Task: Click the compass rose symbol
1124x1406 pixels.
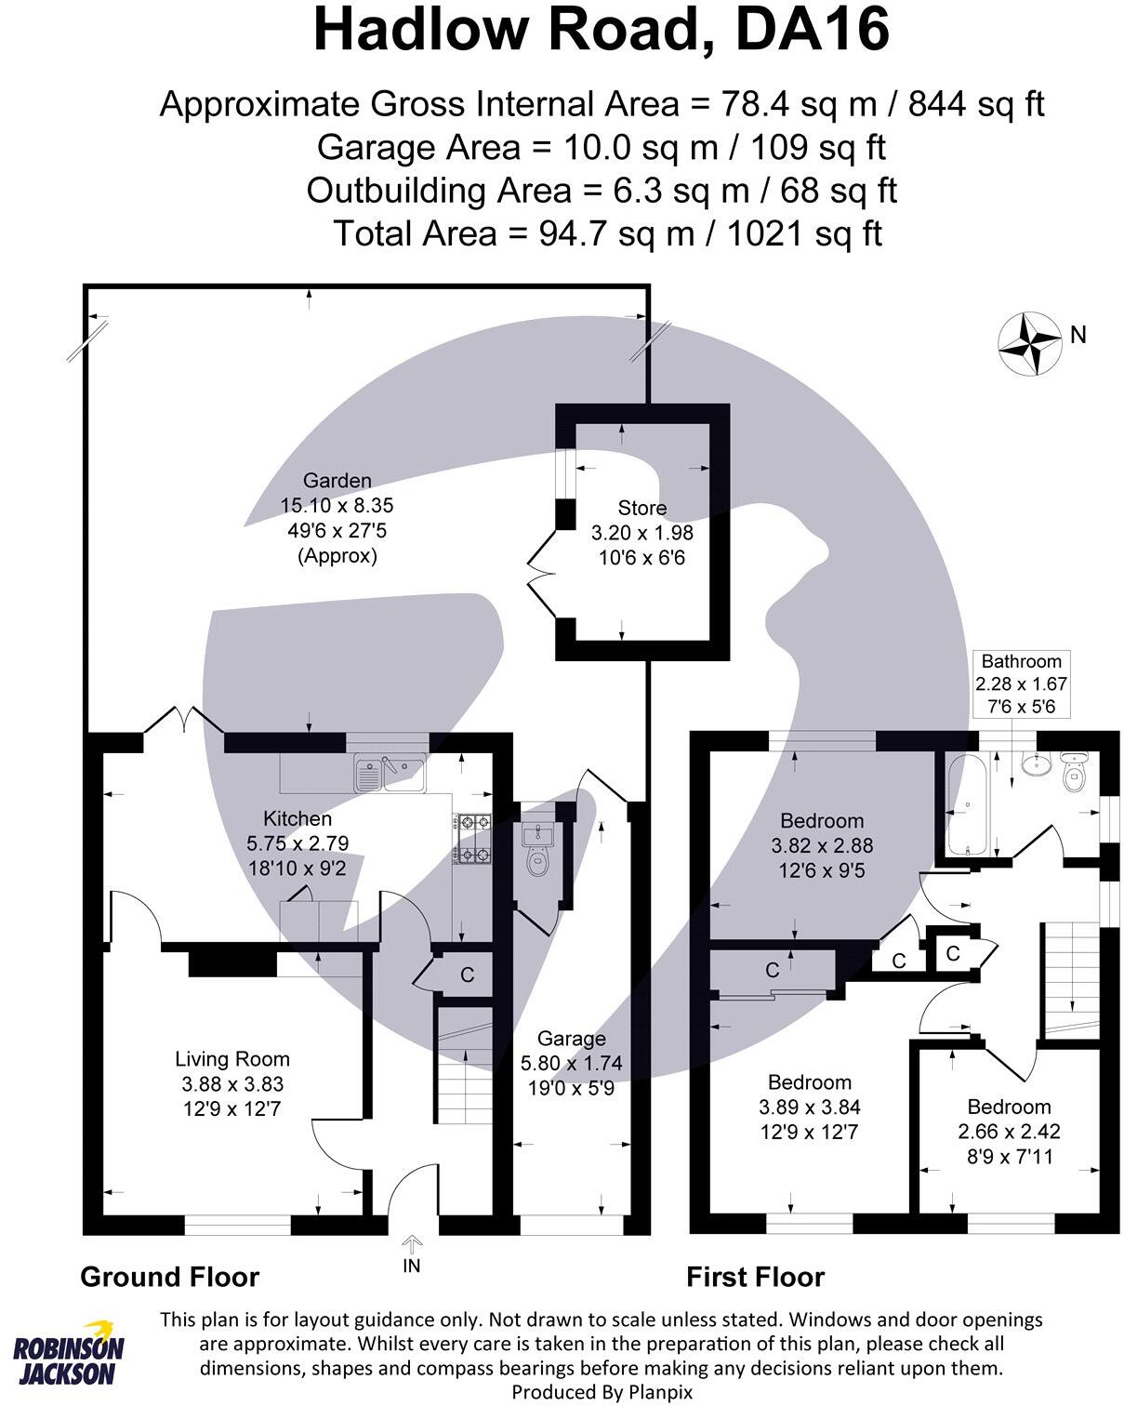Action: [1029, 343]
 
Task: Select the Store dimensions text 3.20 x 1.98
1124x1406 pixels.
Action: [641, 533]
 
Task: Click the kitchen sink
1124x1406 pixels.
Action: [389, 774]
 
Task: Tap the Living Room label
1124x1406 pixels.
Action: [232, 1058]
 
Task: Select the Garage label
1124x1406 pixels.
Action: [571, 1038]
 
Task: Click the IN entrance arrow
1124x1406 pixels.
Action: [412, 1245]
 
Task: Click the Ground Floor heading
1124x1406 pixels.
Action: [169, 1277]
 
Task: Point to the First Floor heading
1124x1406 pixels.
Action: [755, 1277]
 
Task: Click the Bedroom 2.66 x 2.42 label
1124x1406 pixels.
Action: [1009, 1107]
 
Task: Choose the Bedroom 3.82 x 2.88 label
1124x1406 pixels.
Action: [822, 821]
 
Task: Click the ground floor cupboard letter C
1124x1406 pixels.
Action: [468, 975]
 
